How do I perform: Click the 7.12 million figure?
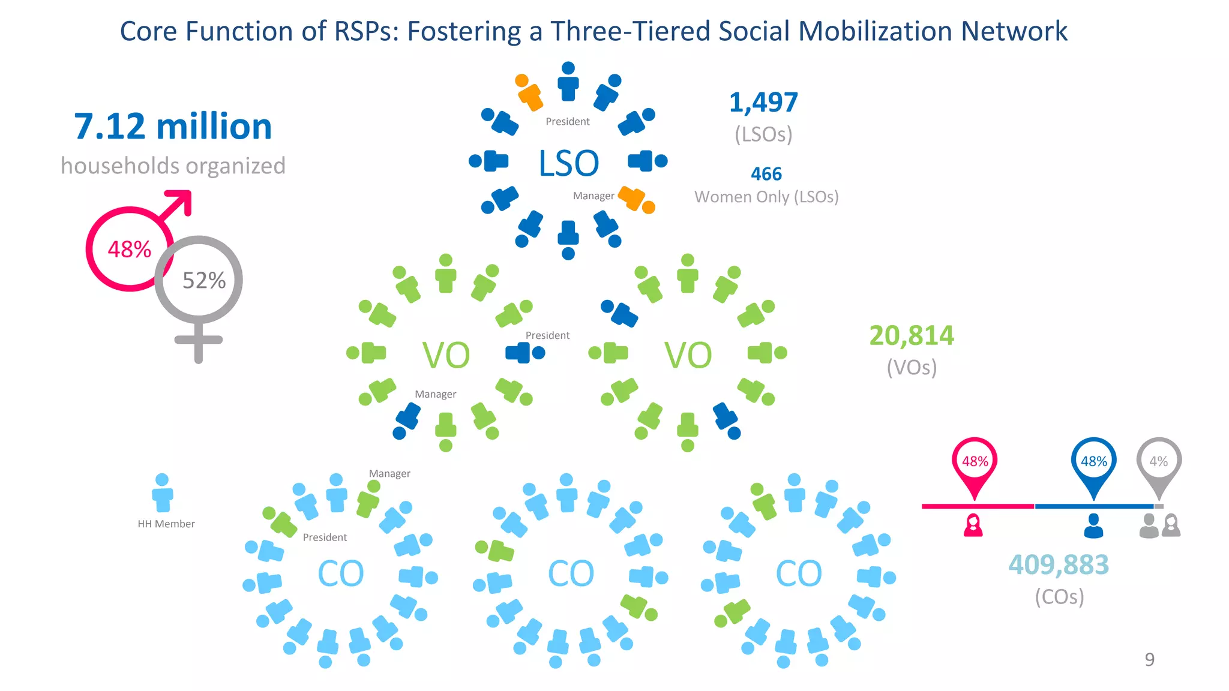point(173,127)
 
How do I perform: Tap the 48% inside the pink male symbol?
point(129,249)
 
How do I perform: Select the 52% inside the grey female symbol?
point(204,280)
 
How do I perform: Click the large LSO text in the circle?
point(568,163)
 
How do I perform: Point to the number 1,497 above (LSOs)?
point(763,103)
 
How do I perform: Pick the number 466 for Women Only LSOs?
point(766,174)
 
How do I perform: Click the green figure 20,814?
point(912,335)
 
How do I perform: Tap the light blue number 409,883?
point(1059,564)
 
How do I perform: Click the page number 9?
point(1149,659)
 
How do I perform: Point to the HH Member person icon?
point(162,493)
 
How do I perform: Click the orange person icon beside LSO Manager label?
point(637,200)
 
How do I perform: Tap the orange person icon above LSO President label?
point(528,92)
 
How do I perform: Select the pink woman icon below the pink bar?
point(973,525)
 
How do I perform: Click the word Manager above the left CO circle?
point(389,473)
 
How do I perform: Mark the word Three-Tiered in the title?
point(630,31)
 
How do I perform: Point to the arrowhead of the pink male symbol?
point(181,200)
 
